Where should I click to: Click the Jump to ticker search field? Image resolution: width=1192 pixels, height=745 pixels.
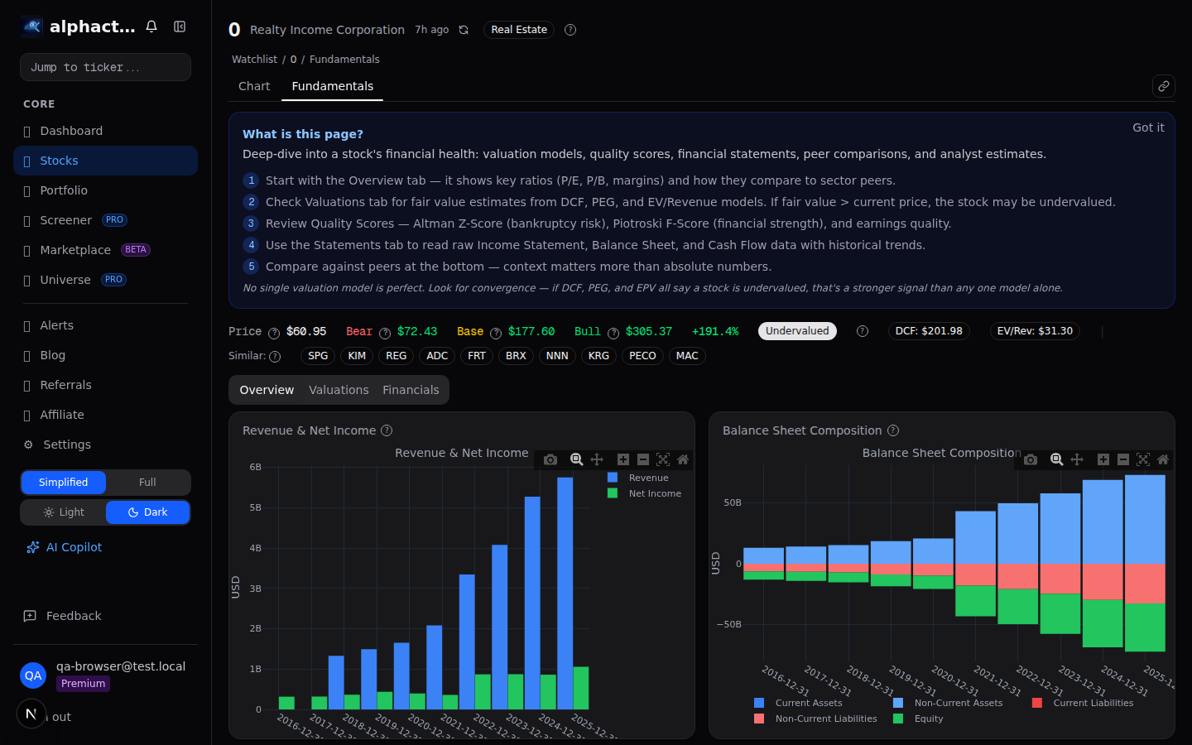point(105,67)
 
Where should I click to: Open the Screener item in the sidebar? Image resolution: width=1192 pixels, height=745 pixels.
point(65,220)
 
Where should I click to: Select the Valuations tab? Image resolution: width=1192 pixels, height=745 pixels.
point(339,390)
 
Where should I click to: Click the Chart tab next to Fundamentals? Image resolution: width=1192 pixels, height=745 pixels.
point(254,86)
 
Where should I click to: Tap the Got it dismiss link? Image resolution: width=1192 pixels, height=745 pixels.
point(1147,127)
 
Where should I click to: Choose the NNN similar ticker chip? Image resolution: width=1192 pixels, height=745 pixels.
point(557,356)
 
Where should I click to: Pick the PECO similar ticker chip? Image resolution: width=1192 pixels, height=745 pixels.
point(642,356)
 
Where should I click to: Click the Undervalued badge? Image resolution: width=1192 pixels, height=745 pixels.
point(796,331)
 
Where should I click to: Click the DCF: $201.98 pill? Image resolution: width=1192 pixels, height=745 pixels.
point(928,331)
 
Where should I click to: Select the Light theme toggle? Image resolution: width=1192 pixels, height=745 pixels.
point(64,512)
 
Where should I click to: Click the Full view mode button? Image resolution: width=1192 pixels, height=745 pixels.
point(147,483)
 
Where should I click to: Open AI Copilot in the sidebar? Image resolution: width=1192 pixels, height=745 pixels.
point(74,547)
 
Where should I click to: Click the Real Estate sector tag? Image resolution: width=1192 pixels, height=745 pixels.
point(519,30)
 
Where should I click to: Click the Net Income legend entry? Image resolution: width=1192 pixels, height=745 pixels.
point(654,493)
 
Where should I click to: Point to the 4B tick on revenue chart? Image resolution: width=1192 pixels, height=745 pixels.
point(255,548)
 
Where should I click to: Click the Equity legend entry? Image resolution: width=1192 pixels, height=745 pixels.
point(928,719)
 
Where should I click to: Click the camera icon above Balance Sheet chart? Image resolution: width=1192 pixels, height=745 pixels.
point(1031,459)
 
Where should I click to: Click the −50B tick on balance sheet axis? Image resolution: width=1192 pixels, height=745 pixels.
point(729,624)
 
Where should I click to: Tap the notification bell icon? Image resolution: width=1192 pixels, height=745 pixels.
point(151,26)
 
